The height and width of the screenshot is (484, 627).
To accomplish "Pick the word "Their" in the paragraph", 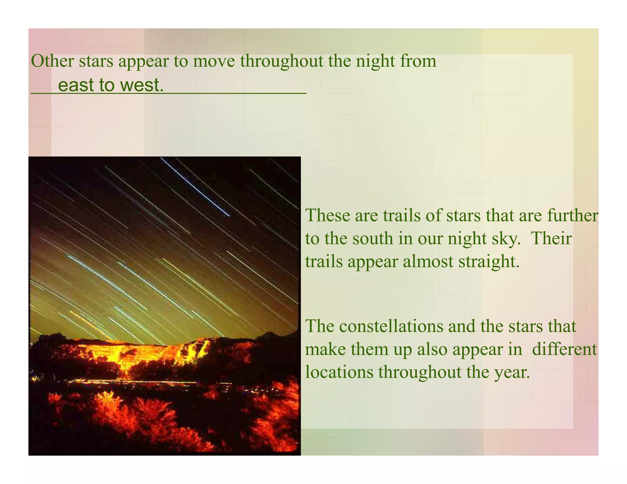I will click(x=551, y=238).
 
